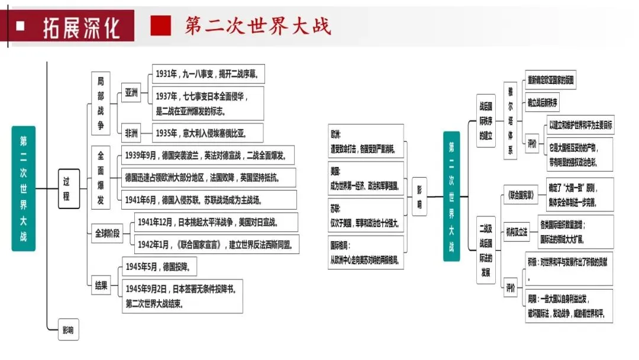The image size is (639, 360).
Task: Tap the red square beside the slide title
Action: [160, 25]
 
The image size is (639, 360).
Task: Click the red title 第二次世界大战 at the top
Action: [257, 25]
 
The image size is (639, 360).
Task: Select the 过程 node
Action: [68, 188]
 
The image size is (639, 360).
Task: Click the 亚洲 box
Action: [130, 93]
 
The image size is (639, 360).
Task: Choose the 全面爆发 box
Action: [101, 176]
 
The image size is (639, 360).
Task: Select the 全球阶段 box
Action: [107, 233]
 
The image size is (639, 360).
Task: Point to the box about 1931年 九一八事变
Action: [208, 75]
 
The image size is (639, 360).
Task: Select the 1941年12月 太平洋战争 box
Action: [208, 222]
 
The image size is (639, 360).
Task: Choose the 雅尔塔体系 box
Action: [511, 121]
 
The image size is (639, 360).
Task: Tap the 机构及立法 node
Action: [516, 232]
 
